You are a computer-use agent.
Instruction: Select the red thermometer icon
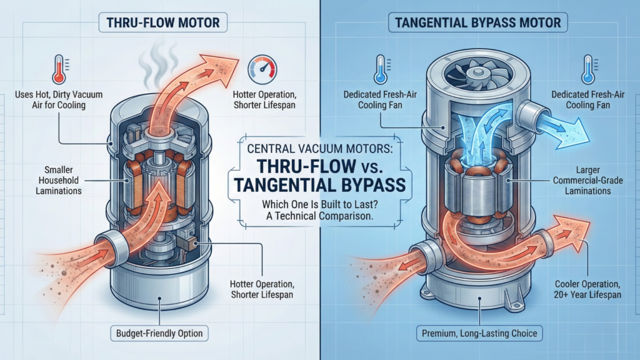(59, 68)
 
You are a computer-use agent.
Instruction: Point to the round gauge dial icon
(261, 68)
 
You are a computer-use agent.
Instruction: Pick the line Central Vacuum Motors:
(319, 149)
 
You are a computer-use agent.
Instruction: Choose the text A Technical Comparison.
(319, 216)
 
